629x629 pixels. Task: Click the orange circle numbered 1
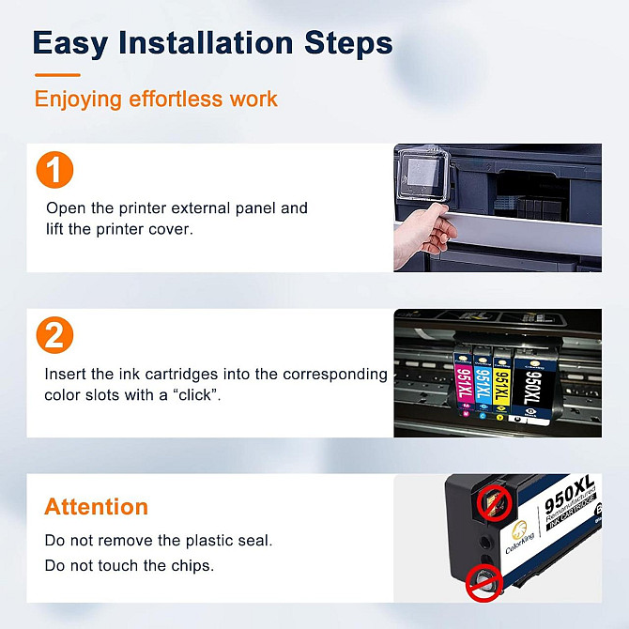[54, 170]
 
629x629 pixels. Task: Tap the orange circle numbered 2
[54, 335]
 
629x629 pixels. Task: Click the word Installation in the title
[206, 42]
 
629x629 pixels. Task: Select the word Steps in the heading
[348, 44]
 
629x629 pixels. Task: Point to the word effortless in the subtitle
[176, 99]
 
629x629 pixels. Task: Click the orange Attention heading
[97, 506]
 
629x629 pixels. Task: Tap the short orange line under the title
[57, 74]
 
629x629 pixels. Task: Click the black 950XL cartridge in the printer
[532, 387]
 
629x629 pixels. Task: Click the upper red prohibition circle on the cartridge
[494, 502]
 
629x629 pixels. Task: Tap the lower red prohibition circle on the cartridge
[484, 582]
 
